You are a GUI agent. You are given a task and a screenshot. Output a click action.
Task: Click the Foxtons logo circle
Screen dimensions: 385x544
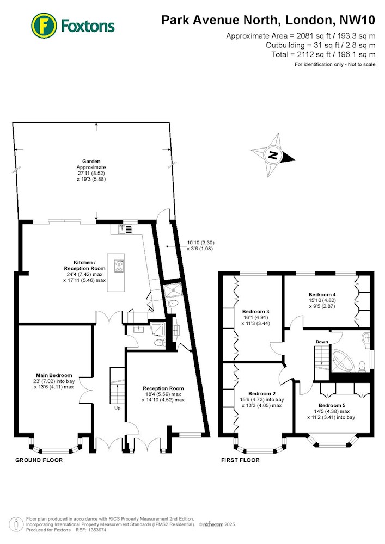click(44, 26)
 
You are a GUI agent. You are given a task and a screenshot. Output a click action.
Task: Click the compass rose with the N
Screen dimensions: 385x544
click(273, 155)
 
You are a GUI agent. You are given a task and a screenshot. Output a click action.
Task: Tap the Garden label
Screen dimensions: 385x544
click(91, 162)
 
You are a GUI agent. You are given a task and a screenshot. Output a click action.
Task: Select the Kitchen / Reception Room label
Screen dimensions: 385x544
click(84, 265)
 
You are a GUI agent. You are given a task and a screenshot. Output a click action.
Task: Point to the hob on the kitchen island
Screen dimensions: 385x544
click(119, 266)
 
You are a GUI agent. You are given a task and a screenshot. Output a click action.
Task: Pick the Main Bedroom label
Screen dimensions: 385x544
click(54, 375)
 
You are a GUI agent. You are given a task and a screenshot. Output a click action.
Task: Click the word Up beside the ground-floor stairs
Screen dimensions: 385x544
click(117, 408)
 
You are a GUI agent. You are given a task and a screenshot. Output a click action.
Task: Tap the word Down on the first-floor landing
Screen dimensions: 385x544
click(322, 342)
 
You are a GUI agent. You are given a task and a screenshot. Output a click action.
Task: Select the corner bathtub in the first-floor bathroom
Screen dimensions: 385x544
click(343, 362)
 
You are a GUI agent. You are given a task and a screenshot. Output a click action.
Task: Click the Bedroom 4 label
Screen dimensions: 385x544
click(322, 294)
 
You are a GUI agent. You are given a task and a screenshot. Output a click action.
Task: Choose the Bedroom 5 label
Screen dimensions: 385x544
click(332, 405)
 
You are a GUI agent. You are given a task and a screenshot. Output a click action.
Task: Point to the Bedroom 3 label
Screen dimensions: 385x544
click(256, 311)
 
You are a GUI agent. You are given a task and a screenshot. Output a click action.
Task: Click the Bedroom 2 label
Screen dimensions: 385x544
click(262, 393)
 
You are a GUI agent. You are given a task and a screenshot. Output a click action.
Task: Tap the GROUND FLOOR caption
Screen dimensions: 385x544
click(39, 460)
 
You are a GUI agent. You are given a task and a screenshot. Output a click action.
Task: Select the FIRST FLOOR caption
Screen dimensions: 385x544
click(240, 460)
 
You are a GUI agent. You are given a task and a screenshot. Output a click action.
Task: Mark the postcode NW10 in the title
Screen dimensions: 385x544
click(357, 20)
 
